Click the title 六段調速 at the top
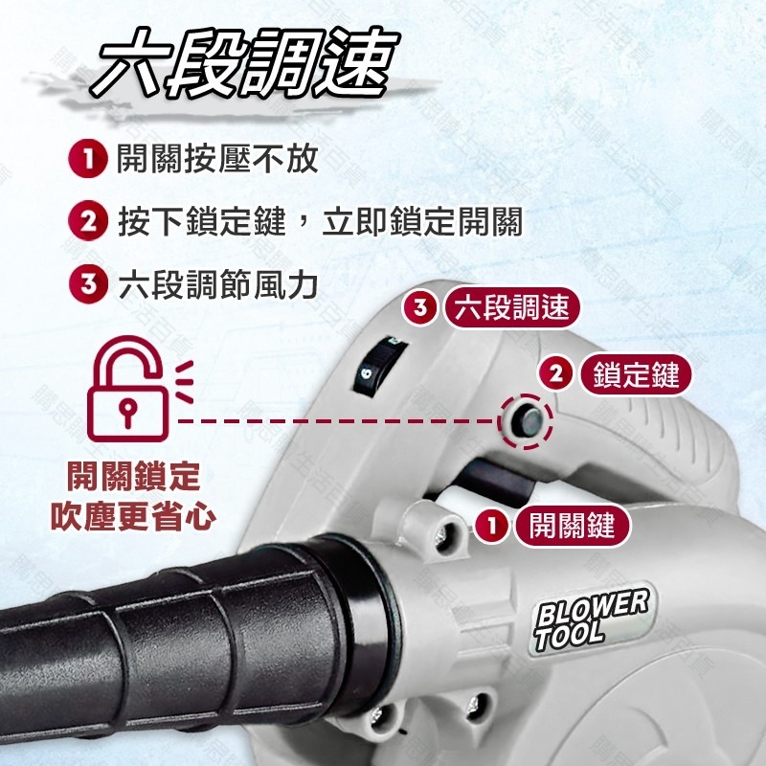tap(246, 68)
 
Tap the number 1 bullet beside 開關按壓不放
tap(87, 159)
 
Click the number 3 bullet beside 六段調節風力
tap(87, 284)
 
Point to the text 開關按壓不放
tap(217, 159)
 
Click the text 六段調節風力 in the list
tap(217, 284)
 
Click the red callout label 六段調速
tap(512, 307)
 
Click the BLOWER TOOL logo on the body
tap(591, 620)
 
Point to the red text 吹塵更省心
tap(132, 517)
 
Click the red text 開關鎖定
tap(132, 476)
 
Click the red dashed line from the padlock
tap(335, 419)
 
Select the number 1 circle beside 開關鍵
tap(492, 525)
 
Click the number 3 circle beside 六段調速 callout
tap(420, 307)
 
